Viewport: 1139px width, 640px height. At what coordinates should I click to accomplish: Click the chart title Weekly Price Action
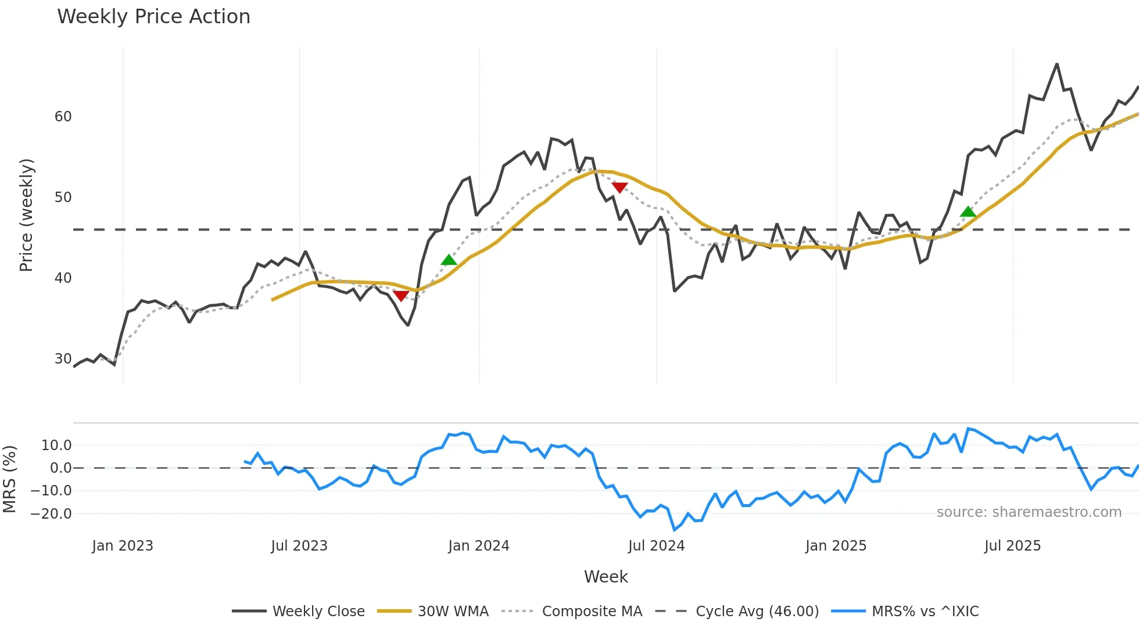153,17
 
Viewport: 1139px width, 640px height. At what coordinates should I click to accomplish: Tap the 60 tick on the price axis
63,117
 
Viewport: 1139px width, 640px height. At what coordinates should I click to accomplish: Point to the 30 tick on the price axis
63,359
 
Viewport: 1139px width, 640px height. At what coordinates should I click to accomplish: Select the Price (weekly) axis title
26,215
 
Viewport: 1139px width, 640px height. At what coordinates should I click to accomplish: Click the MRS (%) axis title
9,479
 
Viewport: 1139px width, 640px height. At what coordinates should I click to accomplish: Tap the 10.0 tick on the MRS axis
56,445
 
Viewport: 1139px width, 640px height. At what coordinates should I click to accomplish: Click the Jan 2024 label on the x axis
478,546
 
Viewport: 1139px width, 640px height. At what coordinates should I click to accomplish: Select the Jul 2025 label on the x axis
1012,546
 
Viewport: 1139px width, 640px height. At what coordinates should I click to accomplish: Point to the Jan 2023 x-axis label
123,546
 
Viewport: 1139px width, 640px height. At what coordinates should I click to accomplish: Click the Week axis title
606,577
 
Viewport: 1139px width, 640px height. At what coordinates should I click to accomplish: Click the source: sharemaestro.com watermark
1029,512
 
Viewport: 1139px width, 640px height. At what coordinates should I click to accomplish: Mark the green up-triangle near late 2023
449,260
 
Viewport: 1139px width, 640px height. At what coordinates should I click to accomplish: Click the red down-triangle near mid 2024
619,188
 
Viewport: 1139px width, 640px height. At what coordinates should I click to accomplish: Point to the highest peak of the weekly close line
1056,64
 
